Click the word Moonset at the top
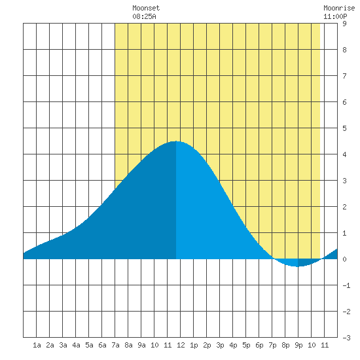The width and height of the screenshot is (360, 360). coord(146,8)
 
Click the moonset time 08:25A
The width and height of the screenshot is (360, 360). coord(144,16)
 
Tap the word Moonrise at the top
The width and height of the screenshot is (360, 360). coord(339,8)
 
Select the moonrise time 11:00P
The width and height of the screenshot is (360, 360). coord(335,16)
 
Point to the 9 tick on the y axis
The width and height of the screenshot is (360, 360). coord(344,24)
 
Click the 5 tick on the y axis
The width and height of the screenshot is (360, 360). coord(344,128)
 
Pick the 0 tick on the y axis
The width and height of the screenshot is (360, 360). coord(344,259)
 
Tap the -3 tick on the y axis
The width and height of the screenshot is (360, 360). coord(346,338)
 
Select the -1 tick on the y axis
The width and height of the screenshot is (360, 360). coord(346,285)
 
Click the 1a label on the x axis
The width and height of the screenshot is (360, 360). coord(37,345)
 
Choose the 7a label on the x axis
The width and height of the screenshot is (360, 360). coord(115,345)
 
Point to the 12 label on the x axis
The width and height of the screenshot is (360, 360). coord(181,345)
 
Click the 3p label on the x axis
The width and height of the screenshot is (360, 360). coord(220,345)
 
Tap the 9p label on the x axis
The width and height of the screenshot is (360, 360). coord(298,345)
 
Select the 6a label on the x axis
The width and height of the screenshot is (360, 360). coord(102,345)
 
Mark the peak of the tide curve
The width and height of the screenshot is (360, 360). coord(176,141)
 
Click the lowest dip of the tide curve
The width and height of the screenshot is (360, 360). coord(298,266)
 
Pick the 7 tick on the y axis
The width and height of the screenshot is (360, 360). coord(344,76)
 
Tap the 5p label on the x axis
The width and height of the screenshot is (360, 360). coord(246,345)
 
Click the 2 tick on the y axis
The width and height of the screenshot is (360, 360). coord(344,207)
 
